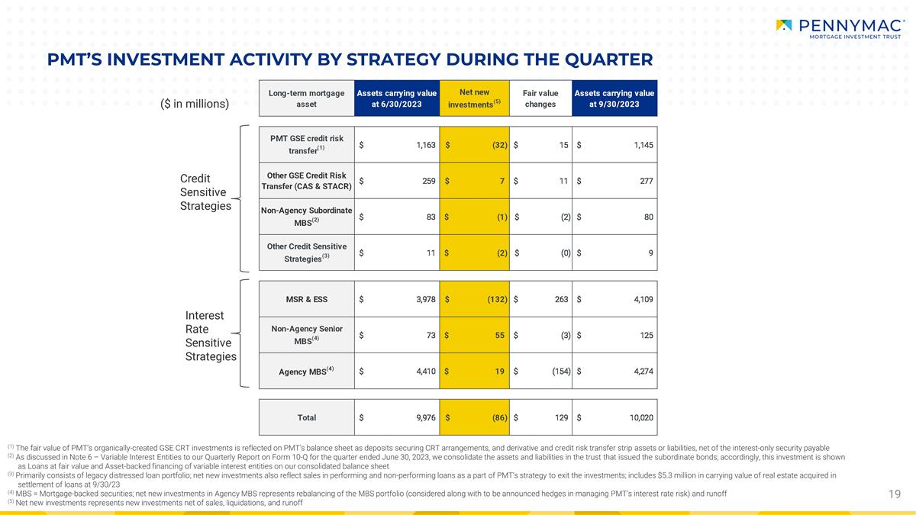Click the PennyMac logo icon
783,25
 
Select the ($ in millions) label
195,104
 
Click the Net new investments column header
474,98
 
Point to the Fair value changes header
540,98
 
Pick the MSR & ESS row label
307,299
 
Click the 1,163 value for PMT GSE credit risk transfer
426,145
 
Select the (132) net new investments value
497,299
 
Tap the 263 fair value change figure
562,299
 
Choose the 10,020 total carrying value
641,418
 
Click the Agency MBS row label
306,371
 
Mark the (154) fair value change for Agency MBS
561,371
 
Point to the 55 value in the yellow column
500,335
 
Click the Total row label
307,418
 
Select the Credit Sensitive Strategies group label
205,192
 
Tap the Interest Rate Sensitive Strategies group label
211,336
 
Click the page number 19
895,494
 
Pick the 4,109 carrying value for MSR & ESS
643,299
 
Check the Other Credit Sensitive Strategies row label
307,253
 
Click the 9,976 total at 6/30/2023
426,418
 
